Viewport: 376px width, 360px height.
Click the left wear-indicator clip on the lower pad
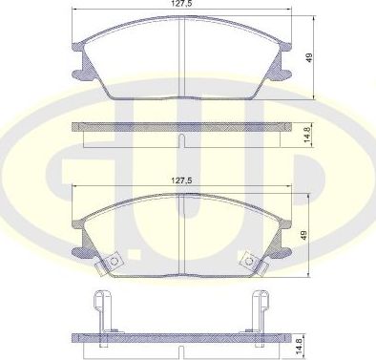(x=113, y=259)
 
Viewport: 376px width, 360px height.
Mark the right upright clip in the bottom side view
(x=259, y=310)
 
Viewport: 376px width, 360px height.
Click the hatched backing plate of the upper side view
(x=134, y=127)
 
